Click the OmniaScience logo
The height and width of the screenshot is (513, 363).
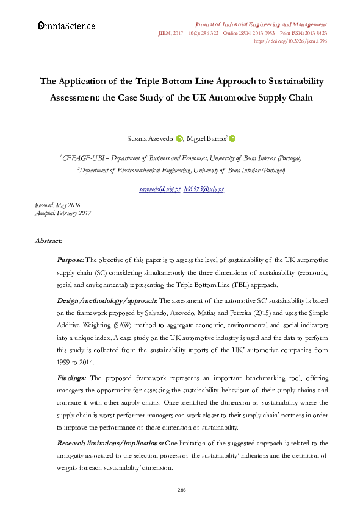click(66, 26)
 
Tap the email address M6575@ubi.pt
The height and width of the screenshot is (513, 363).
click(204, 189)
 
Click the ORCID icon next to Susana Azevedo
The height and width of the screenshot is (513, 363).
click(179, 139)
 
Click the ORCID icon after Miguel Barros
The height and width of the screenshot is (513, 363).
click(232, 139)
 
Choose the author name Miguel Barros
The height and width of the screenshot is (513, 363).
click(207, 140)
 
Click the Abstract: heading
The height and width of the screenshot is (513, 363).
click(49, 241)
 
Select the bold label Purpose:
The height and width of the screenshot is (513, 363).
click(70, 260)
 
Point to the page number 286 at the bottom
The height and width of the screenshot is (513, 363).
click(181, 490)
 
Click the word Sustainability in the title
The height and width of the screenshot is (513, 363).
click(287, 81)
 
